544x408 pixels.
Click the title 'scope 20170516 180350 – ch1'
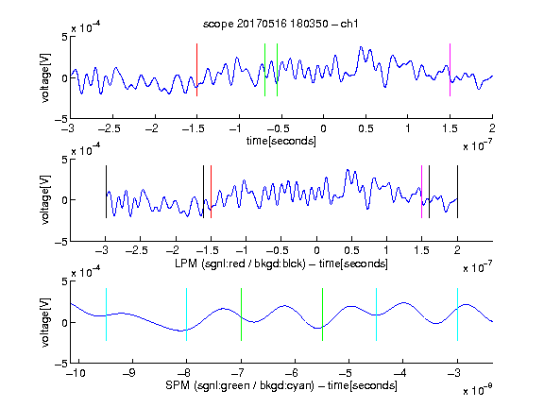pos(280,24)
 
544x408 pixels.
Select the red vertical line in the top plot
pos(196,70)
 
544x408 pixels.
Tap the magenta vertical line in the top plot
pos(450,70)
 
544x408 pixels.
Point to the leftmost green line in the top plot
pos(264,70)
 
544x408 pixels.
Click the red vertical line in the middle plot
pos(211,192)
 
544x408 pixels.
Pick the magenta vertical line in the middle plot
pos(421,192)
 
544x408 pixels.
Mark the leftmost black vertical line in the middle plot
pos(106,192)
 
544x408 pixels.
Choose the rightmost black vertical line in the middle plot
pos(457,192)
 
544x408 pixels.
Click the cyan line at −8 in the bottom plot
pos(187,314)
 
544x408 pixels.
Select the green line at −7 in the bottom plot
pos(241,314)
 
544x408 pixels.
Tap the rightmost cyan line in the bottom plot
pos(457,314)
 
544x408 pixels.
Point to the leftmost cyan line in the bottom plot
pos(106,314)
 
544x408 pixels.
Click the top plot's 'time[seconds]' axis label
pos(281,141)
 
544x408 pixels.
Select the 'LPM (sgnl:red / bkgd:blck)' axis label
pos(240,263)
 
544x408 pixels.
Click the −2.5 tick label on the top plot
pos(110,128)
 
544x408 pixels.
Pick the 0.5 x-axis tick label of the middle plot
pos(351,250)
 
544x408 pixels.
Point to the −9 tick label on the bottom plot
pos(129,373)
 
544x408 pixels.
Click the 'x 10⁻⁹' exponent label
pos(477,391)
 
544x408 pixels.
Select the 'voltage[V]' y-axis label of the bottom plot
pos(45,323)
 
